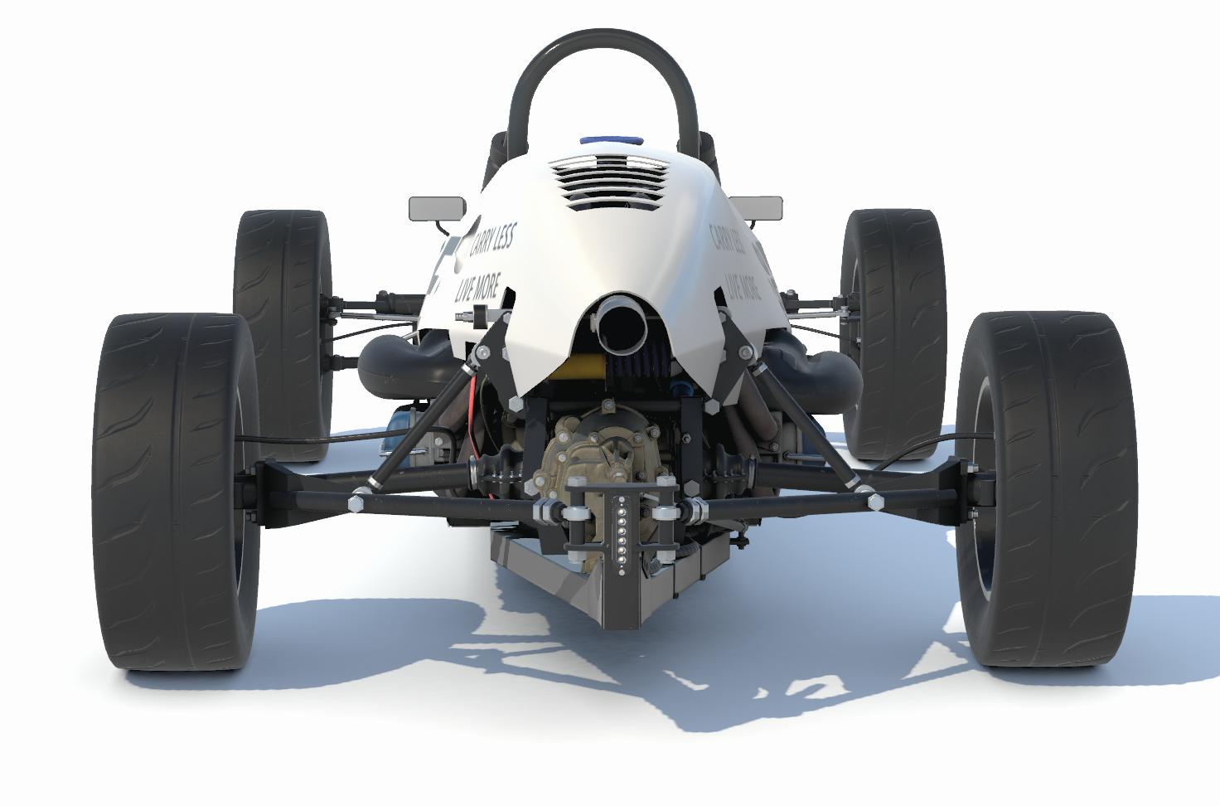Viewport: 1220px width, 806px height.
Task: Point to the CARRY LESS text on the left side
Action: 492,238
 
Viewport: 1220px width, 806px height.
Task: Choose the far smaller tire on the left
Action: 282,332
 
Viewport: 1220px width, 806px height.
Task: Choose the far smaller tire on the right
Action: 895,332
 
